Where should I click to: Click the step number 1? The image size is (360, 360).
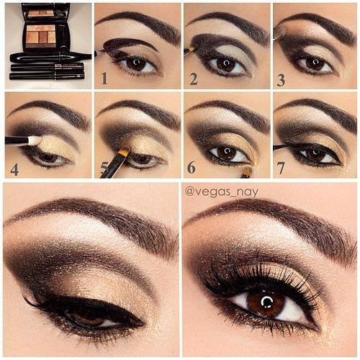(104, 78)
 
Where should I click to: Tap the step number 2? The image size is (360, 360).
(194, 79)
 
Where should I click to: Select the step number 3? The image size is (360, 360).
(281, 80)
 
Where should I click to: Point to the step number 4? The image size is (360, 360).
(14, 170)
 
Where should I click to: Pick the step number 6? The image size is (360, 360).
(192, 167)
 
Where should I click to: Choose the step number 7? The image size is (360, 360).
(281, 168)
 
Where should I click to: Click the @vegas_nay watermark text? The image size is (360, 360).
(222, 192)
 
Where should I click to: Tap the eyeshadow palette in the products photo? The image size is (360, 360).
(46, 27)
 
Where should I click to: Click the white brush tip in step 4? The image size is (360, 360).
(35, 140)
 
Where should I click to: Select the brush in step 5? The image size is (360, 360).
(115, 163)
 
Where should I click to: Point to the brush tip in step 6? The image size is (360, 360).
(247, 171)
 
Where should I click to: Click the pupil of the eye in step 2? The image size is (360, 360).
(226, 63)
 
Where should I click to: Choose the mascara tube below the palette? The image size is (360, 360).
(51, 57)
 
